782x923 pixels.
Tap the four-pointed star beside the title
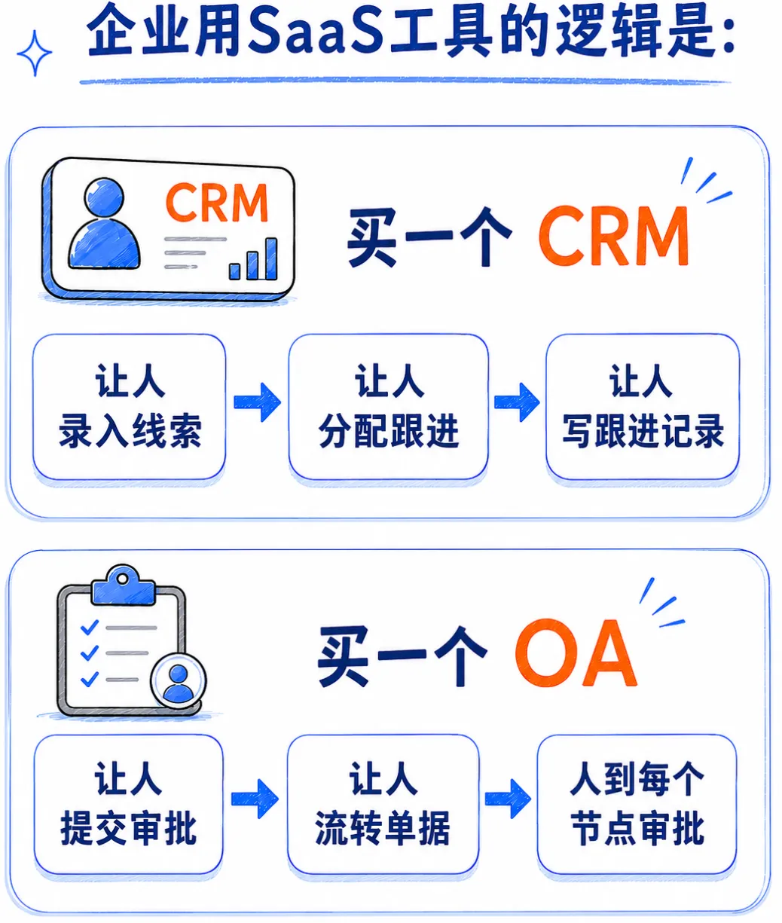[x=35, y=53]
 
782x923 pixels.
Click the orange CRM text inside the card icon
[x=217, y=203]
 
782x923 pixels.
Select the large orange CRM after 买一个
[x=614, y=236]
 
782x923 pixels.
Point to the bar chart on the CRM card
[x=253, y=259]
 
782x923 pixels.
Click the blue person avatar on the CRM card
[x=104, y=223]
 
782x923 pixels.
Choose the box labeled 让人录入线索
[x=130, y=407]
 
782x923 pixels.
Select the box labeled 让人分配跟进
[x=389, y=407]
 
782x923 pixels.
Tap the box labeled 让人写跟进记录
[x=643, y=407]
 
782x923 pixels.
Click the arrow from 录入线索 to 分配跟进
[x=257, y=402]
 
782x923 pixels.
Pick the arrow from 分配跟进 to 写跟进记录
[x=517, y=402]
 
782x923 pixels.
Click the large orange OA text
[x=576, y=653]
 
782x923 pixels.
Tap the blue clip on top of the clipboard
[x=124, y=585]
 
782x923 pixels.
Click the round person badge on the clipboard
[x=179, y=682]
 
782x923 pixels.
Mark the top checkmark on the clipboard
[x=90, y=628]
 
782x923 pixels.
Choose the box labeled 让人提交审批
[x=129, y=805]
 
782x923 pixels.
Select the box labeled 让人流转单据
[x=383, y=805]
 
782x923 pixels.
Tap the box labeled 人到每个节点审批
[x=637, y=805]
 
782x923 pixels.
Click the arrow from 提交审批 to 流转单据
[x=255, y=799]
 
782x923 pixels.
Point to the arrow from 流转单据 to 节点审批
[x=509, y=799]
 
